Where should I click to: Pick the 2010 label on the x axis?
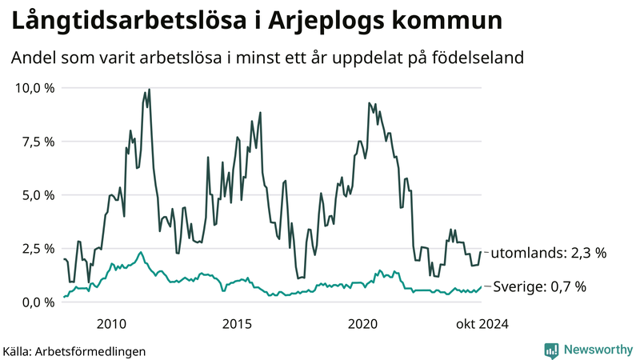[x=111, y=323]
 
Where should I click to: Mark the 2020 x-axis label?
[x=363, y=323]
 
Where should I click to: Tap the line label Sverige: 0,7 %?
[x=539, y=286]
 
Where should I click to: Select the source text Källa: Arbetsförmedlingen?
[x=74, y=350]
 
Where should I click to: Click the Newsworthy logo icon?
[x=551, y=350]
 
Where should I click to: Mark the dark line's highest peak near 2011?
[x=149, y=90]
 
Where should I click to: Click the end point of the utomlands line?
[x=481, y=252]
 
